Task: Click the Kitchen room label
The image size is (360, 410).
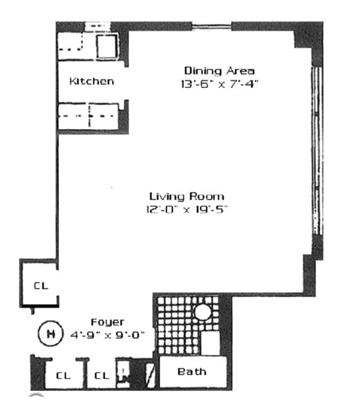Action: point(91,81)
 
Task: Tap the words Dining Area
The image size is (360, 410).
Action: point(219,71)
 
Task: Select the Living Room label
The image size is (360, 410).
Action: point(186,196)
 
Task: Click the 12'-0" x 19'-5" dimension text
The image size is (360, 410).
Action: point(186,209)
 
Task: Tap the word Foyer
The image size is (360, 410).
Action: point(108,322)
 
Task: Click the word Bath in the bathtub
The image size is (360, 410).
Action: point(192,371)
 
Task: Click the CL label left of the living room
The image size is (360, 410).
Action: point(40,286)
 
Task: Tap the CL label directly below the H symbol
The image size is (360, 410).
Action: point(63,375)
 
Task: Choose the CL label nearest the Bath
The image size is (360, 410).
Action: point(102,375)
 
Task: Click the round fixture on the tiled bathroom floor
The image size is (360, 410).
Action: point(202,312)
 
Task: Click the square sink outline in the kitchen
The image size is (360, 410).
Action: point(107,46)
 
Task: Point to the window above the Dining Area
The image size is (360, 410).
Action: point(212,26)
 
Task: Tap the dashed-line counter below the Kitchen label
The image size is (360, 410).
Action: point(88,116)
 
